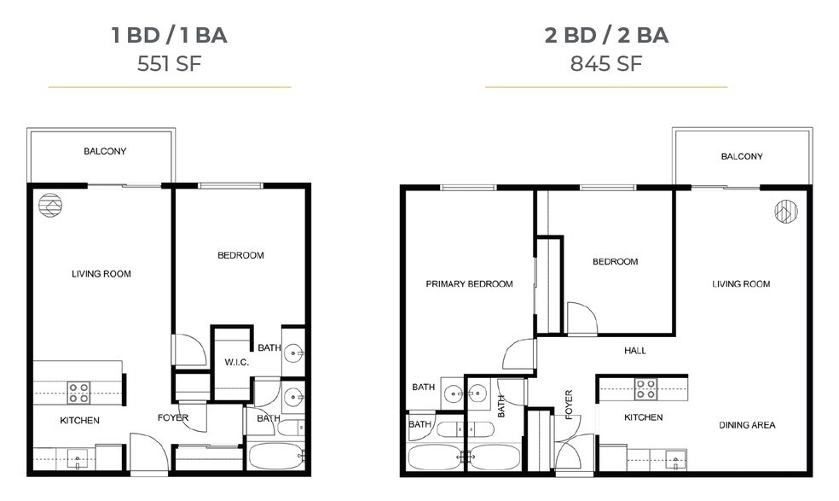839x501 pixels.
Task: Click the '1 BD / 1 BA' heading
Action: tap(169, 36)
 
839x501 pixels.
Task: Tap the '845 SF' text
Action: tap(606, 64)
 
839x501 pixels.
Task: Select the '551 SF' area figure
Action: tap(169, 64)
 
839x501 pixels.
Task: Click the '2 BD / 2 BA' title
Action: tap(606, 36)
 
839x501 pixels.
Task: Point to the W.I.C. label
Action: tap(236, 363)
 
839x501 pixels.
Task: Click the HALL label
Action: tap(634, 351)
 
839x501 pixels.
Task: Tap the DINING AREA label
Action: tap(747, 425)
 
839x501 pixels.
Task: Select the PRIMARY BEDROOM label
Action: tap(469, 284)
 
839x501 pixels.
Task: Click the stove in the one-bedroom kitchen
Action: tap(79, 393)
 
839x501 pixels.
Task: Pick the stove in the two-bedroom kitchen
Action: tap(645, 389)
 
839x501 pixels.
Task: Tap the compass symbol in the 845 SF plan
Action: tap(784, 212)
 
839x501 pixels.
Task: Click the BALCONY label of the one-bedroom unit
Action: tap(105, 152)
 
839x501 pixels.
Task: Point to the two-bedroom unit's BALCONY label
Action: tap(741, 157)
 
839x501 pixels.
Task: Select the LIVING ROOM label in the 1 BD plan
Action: tap(101, 274)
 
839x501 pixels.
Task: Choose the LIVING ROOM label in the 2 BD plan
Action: tap(740, 284)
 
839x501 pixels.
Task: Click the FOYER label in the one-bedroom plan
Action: tap(173, 418)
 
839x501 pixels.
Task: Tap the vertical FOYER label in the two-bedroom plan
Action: tap(569, 405)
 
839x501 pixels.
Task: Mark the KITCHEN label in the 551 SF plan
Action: tap(79, 421)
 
